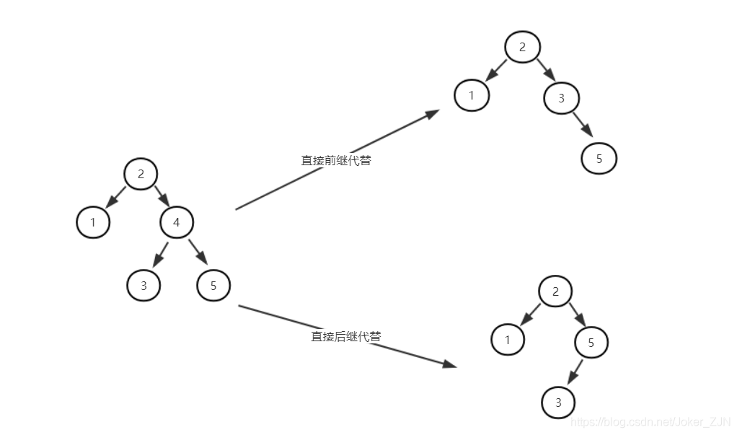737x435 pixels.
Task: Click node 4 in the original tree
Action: click(x=177, y=223)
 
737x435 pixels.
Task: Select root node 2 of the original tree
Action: click(x=141, y=174)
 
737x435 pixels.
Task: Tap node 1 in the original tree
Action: click(x=93, y=222)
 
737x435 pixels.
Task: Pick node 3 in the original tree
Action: click(x=144, y=286)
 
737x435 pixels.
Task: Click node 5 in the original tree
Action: click(x=213, y=286)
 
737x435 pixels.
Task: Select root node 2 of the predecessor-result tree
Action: click(x=524, y=48)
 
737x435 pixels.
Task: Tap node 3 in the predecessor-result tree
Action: click(x=562, y=98)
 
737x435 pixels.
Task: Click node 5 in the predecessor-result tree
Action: click(x=599, y=159)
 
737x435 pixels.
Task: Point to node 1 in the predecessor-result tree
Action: click(x=472, y=95)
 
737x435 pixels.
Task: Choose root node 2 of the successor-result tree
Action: click(x=555, y=291)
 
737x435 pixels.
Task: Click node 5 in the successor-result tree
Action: click(x=591, y=343)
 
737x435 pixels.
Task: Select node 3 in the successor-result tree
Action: click(x=558, y=403)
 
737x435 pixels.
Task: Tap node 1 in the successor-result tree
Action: click(x=508, y=340)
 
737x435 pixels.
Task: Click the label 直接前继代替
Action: click(x=336, y=160)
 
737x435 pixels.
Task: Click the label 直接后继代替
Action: click(x=346, y=336)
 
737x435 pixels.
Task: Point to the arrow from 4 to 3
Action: click(x=160, y=254)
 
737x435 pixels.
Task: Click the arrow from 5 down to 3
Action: click(x=575, y=372)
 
